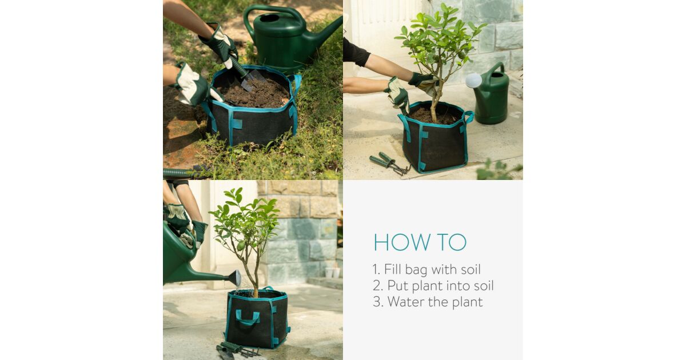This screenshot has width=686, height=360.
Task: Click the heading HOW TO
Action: pos(420,242)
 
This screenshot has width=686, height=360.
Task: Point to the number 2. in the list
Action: pos(378,286)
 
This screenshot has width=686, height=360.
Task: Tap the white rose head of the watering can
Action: pos(473,80)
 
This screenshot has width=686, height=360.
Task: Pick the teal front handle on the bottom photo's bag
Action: pos(247,317)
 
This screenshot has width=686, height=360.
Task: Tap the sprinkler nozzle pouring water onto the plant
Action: pos(235,277)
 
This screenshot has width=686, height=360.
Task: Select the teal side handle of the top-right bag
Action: pos(469,117)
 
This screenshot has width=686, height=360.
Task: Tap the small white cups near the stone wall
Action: pos(333,273)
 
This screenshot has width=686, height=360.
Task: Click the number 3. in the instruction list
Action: pos(378,302)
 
